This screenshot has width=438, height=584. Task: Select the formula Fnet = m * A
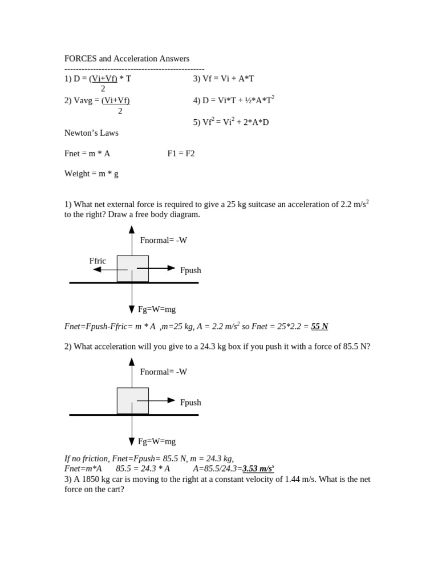point(87,153)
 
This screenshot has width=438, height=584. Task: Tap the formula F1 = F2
point(181,153)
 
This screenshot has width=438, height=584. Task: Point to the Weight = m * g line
point(91,173)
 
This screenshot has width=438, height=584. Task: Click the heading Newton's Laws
point(91,133)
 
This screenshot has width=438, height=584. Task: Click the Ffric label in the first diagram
point(98,261)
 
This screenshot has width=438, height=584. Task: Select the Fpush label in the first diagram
point(190,270)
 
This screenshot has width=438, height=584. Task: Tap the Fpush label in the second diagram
point(190,403)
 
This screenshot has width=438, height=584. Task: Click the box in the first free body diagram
point(133,269)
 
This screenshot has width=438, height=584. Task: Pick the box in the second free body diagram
point(133,401)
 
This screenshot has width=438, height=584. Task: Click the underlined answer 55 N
point(319,326)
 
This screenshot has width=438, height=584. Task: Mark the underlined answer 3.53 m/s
point(258,469)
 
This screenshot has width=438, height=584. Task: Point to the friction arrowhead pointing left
point(97,269)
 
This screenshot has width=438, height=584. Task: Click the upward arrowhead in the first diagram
point(132,229)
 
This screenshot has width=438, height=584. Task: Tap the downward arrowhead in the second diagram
point(132,441)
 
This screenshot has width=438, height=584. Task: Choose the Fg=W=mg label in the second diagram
point(157,441)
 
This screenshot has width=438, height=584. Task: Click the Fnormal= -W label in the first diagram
point(164,240)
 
